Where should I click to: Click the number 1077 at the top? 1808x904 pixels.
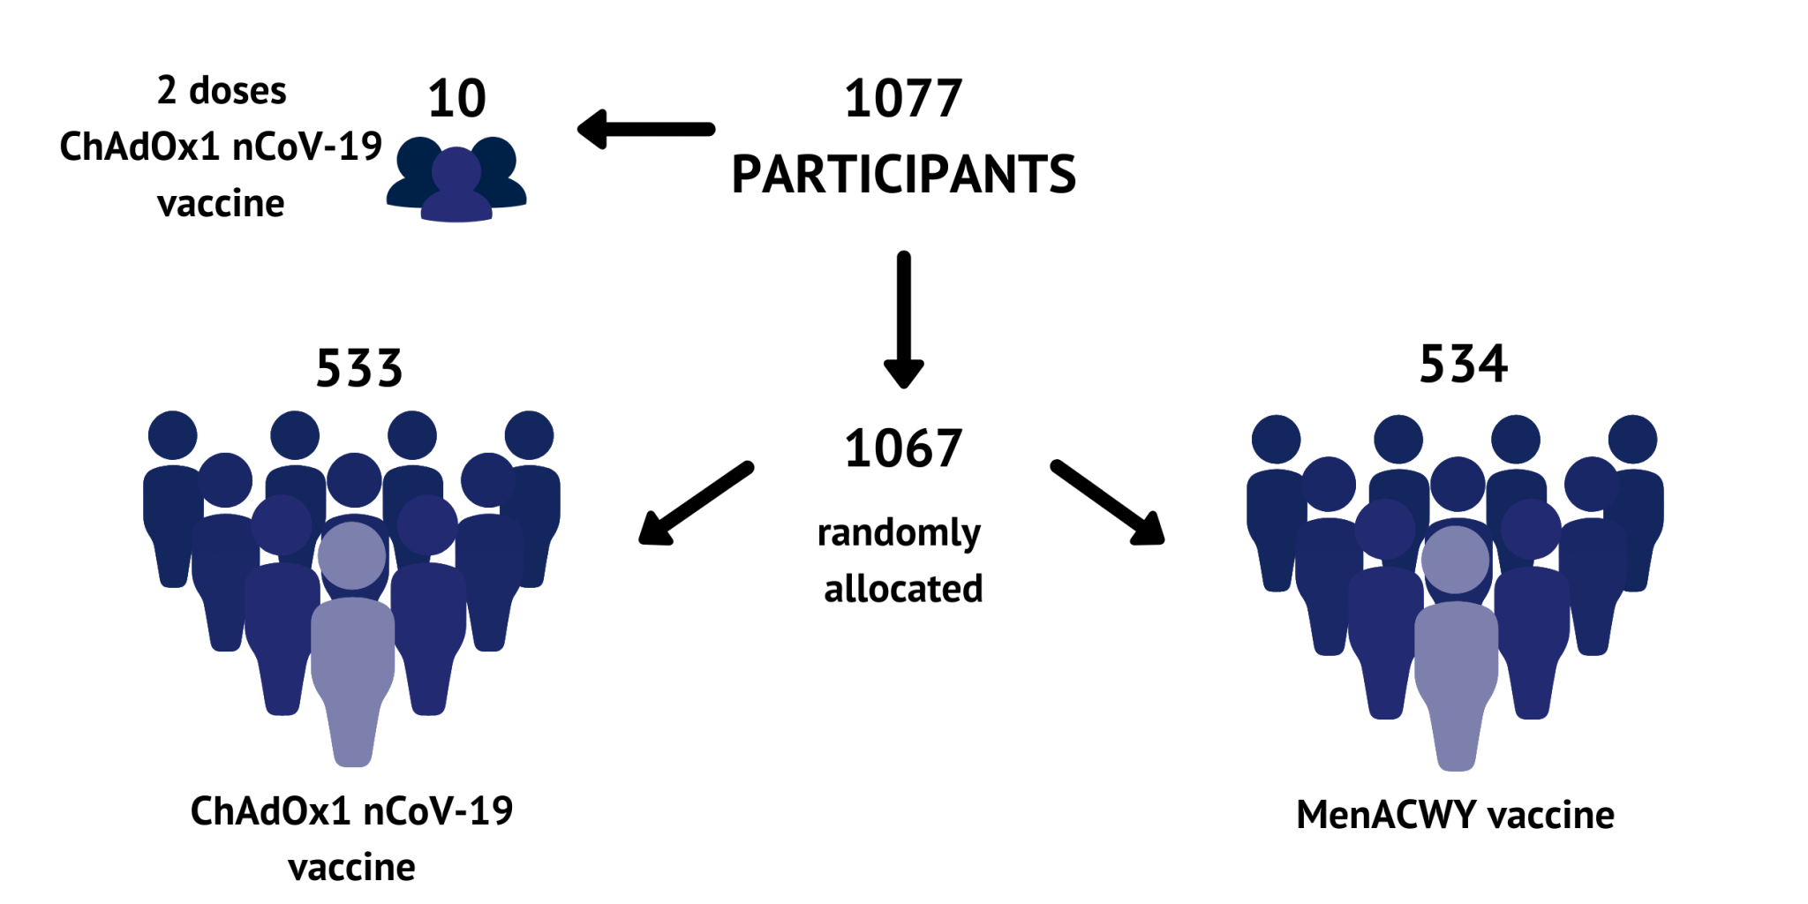click(902, 98)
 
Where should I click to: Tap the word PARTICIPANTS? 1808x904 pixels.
click(903, 174)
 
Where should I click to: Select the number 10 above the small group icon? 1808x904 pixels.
click(456, 98)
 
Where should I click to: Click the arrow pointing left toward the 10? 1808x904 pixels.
click(646, 130)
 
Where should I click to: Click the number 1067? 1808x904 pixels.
click(902, 448)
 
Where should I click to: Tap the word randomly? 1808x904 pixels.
click(899, 533)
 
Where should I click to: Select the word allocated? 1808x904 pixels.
click(903, 589)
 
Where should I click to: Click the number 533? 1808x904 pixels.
click(359, 368)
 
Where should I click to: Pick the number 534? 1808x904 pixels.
click(1463, 364)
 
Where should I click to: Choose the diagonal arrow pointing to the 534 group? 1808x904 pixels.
click(1108, 502)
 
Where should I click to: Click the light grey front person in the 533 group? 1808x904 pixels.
click(353, 644)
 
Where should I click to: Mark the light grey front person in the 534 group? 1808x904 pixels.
click(1456, 649)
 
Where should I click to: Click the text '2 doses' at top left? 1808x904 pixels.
click(222, 91)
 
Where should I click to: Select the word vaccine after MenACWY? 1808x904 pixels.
click(1551, 815)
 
